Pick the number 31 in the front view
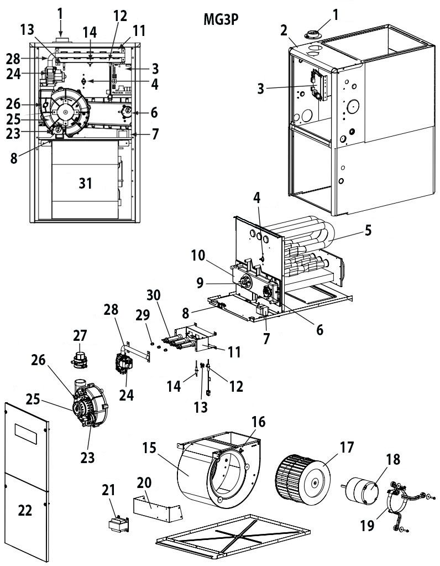85,183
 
